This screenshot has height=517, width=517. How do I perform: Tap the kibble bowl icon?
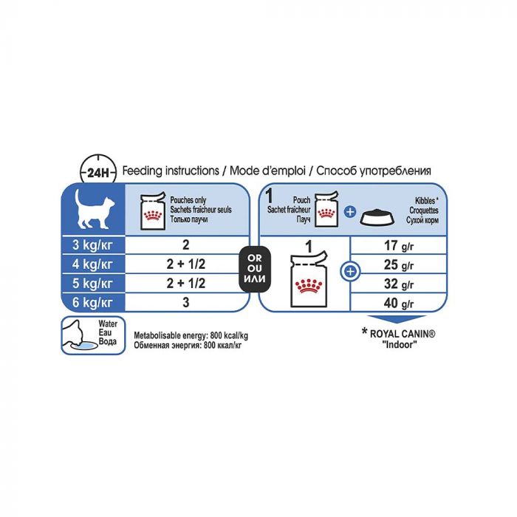click(377, 216)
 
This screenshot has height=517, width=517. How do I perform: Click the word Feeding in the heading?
click(143, 171)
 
